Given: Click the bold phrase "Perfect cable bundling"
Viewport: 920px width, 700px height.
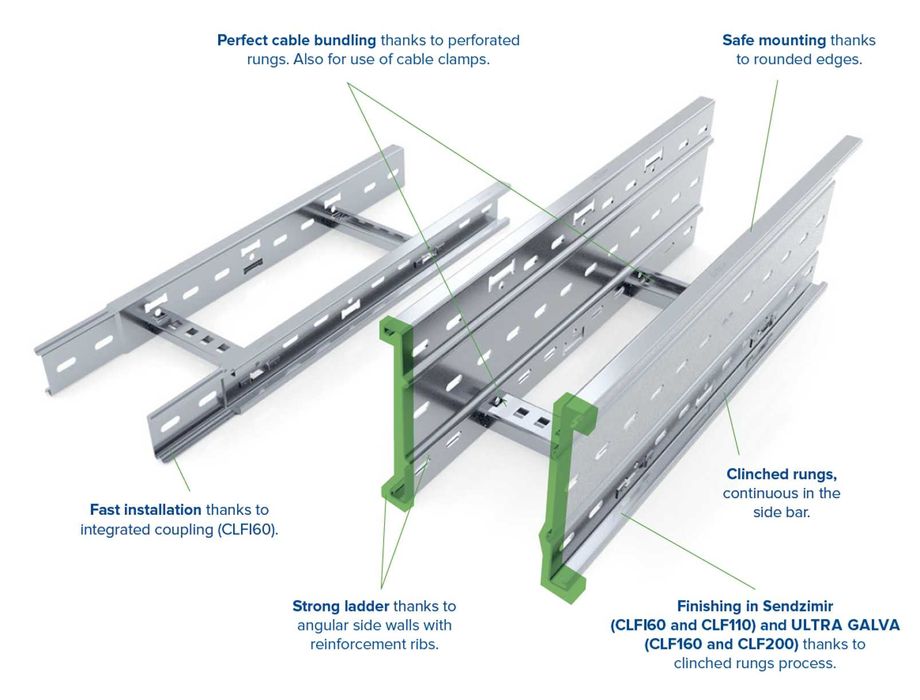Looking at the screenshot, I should coord(297,40).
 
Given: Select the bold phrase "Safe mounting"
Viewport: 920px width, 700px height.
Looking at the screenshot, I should coord(774,40).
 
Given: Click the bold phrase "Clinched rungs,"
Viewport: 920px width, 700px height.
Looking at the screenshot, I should coord(781,474).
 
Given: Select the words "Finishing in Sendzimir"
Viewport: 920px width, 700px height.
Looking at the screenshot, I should coord(755,606).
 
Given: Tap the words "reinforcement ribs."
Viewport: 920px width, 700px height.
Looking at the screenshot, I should coord(374,644).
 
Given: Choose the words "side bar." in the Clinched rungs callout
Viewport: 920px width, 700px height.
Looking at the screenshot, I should coord(781,512).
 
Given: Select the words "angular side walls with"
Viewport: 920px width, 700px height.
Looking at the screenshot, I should coord(374,625).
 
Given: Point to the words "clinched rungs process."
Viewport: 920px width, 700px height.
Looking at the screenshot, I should coord(755,663).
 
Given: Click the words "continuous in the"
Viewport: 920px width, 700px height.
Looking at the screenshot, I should coord(781,493).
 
